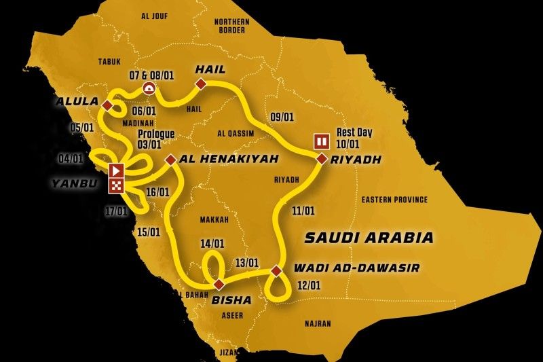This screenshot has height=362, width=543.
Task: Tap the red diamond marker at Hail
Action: [x=201, y=84]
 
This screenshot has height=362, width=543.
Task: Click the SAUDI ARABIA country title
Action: [x=369, y=238]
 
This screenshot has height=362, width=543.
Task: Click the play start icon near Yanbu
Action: [x=117, y=170]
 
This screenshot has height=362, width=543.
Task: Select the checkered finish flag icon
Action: [x=117, y=185]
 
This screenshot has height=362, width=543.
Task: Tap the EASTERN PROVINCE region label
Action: [x=394, y=200]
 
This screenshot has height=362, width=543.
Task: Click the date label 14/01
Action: [x=212, y=243]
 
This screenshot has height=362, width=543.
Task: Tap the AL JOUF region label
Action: [x=154, y=16]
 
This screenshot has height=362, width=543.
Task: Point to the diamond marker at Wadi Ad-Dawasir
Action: [x=276, y=271]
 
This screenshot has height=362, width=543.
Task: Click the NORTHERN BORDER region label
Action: [x=231, y=26]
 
